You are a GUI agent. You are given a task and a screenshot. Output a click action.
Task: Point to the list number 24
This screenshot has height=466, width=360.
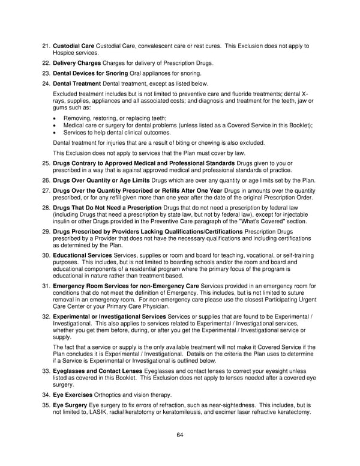(x=46, y=83)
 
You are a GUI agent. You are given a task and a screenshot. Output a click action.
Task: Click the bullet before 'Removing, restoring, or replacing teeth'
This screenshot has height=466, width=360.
(x=55, y=118)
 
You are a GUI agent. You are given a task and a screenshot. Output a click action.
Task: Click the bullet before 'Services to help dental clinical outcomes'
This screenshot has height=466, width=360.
(x=55, y=132)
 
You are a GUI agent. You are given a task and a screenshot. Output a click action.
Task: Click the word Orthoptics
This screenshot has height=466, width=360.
(x=110, y=395)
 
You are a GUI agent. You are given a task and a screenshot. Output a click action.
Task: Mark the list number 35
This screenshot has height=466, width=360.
(x=46, y=406)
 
